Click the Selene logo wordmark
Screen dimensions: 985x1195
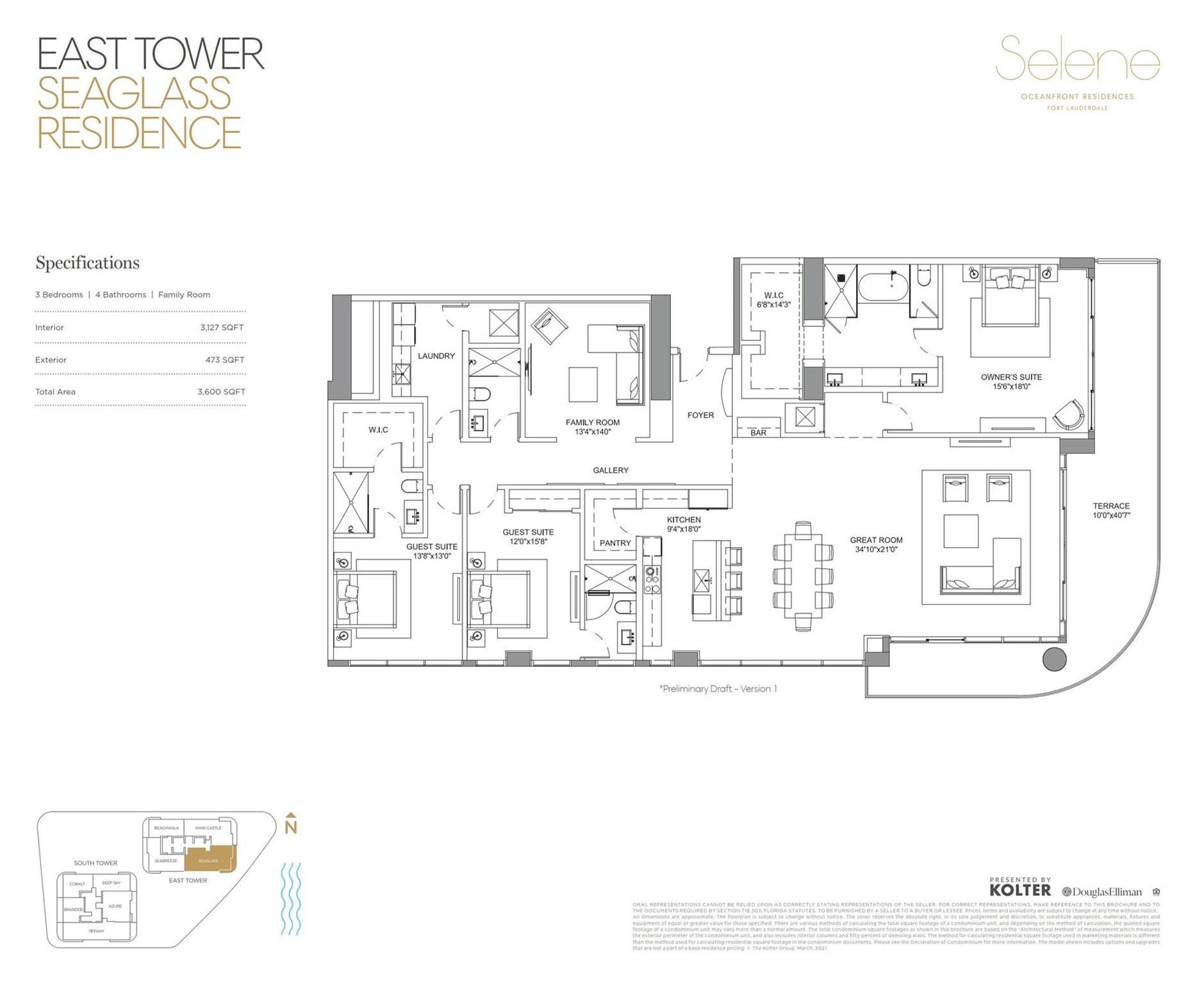click(1077, 60)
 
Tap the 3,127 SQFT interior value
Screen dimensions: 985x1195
click(222, 328)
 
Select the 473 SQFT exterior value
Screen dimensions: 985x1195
click(224, 360)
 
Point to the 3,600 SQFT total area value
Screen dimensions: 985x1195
click(221, 392)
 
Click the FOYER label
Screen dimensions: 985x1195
click(700, 416)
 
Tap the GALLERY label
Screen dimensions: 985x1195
click(610, 471)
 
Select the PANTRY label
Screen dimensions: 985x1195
click(615, 543)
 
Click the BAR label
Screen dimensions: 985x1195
click(758, 433)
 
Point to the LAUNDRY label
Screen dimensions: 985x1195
click(436, 356)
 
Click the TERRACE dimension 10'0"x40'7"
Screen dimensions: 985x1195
click(1111, 515)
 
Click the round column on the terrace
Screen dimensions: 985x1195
click(1054, 659)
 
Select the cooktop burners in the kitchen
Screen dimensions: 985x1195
click(652, 580)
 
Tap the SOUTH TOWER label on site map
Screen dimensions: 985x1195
click(95, 863)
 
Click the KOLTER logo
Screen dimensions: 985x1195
click(1020, 890)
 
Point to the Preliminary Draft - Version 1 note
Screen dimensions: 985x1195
click(718, 689)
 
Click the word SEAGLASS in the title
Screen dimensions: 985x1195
click(134, 93)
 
